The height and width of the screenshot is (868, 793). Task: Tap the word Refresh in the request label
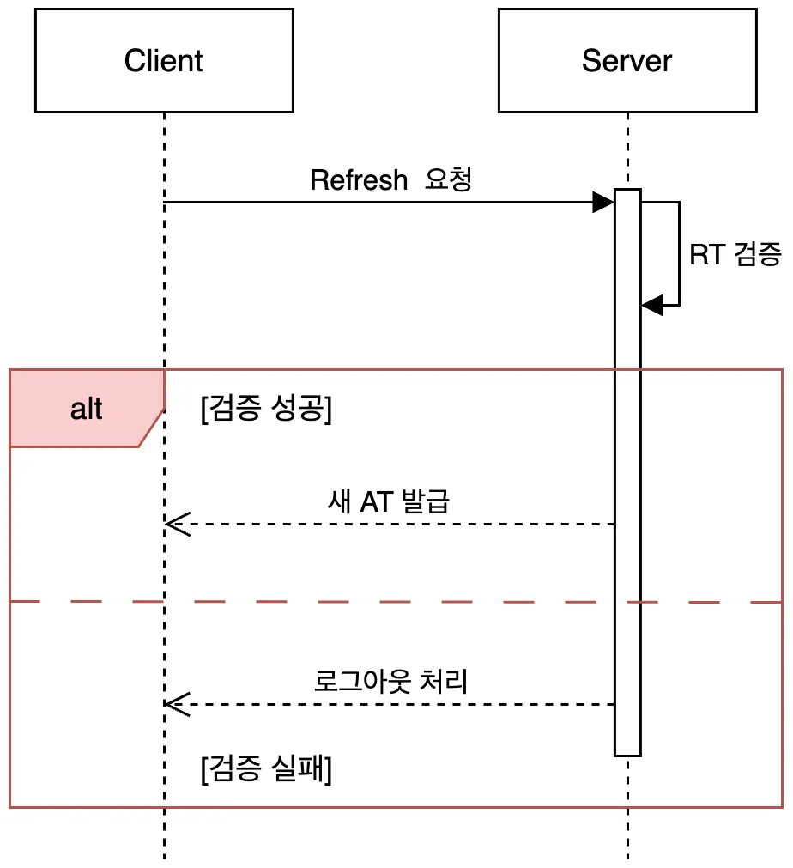[x=359, y=180]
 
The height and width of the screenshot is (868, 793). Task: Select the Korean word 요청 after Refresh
[x=448, y=179]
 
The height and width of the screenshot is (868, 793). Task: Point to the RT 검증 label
[x=735, y=255]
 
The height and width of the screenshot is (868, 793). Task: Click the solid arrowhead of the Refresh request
[x=603, y=202]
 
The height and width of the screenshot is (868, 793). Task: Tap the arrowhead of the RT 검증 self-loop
[x=652, y=305]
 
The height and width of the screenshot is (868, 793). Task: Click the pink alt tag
[x=87, y=409]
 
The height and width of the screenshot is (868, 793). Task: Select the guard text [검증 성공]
[x=266, y=409]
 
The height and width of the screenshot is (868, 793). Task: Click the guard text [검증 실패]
[x=266, y=768]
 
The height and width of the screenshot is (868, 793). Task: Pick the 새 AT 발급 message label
[x=389, y=501]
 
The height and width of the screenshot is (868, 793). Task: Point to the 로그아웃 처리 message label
[x=390, y=681]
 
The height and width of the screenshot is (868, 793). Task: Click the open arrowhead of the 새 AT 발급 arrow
[x=177, y=524]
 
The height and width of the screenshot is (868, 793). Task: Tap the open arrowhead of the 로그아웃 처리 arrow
[x=177, y=704]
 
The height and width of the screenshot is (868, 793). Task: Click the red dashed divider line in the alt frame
[x=396, y=601]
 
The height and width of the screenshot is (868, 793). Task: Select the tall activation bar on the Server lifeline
[x=627, y=472]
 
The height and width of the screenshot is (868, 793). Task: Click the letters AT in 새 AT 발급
[x=377, y=502]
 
